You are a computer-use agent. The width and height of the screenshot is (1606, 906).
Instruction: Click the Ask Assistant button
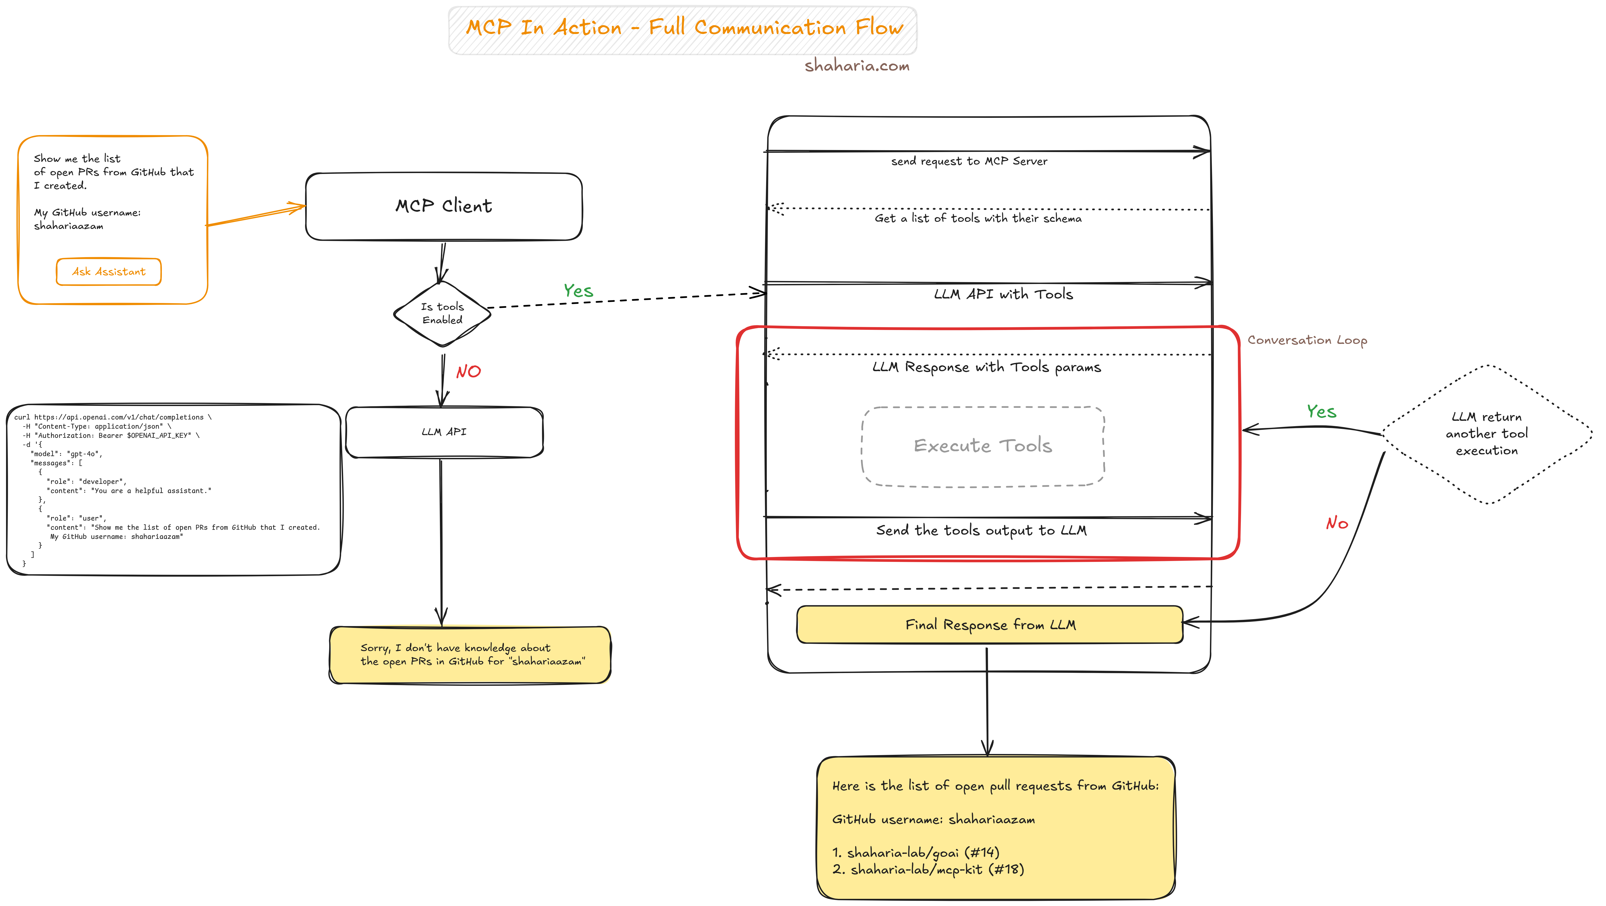pos(108,272)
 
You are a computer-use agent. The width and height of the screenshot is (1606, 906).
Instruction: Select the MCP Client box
pos(443,206)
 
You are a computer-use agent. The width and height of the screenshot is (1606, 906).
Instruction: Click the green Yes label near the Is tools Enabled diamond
pos(578,291)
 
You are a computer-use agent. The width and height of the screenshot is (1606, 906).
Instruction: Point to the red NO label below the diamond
pos(468,372)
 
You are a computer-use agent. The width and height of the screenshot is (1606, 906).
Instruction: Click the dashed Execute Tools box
pos(982,446)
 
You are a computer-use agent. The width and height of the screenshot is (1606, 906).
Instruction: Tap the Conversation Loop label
pos(1307,341)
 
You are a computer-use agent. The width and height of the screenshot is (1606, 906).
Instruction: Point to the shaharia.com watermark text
pos(857,66)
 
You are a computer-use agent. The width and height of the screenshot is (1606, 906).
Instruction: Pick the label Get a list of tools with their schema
pos(978,218)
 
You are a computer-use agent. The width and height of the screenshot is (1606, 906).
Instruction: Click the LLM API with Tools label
pos(1003,294)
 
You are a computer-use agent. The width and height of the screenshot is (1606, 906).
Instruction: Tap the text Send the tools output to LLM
pos(981,531)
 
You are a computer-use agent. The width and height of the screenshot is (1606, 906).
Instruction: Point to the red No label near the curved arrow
pos(1337,523)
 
